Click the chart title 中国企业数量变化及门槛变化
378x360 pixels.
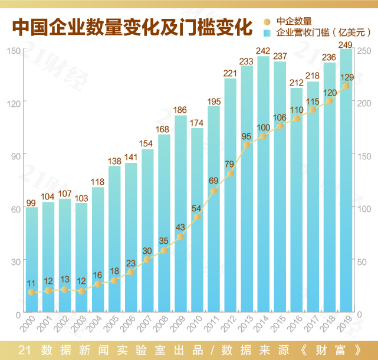point(133,27)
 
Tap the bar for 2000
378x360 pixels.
point(32,260)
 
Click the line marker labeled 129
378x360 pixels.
point(346,86)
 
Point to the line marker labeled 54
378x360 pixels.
point(198,217)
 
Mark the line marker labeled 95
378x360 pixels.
point(247,145)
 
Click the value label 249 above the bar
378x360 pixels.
point(346,45)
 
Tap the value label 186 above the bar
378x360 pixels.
point(180,110)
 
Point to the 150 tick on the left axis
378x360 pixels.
point(13,51)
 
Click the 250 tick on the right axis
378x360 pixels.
point(364,51)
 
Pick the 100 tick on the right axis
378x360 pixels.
point(364,208)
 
